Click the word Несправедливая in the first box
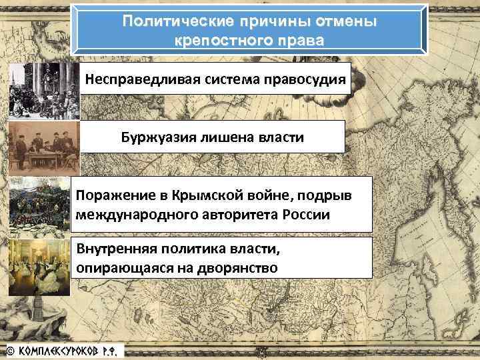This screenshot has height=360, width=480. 142,80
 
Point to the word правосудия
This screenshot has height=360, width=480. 305,80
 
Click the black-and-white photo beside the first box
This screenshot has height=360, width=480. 43,90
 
